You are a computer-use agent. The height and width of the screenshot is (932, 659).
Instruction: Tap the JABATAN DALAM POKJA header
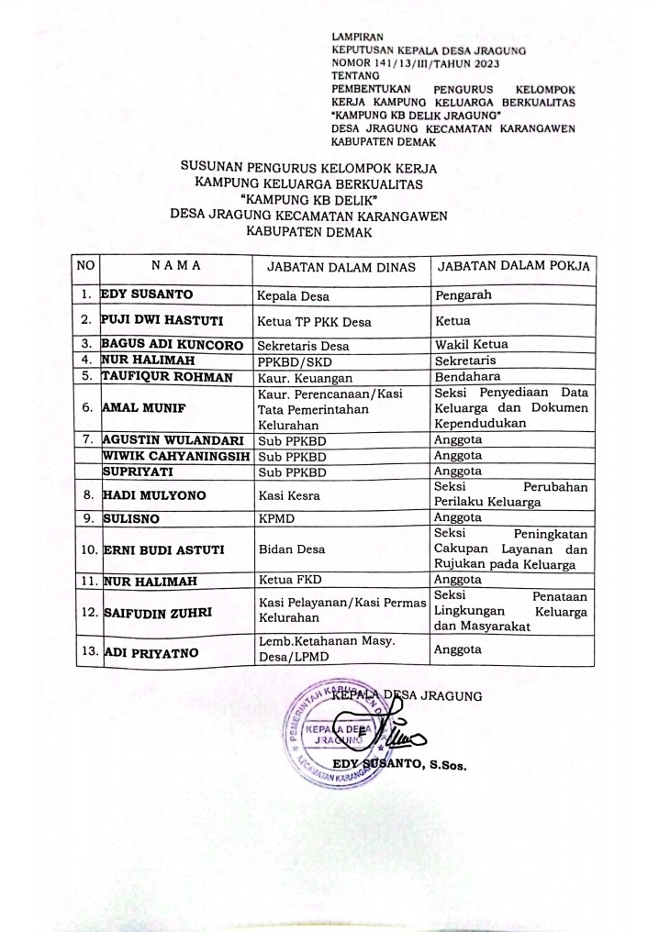pos(513,266)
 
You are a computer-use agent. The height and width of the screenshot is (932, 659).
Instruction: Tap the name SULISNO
pos(129,518)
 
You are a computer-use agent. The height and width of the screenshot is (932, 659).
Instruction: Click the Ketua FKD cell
pos(291,581)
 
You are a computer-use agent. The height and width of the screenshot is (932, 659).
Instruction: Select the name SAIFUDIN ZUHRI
pos(152,611)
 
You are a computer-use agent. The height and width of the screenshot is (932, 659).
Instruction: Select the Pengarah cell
pos(464,295)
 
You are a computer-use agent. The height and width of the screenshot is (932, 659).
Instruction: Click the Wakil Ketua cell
pos(472,345)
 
